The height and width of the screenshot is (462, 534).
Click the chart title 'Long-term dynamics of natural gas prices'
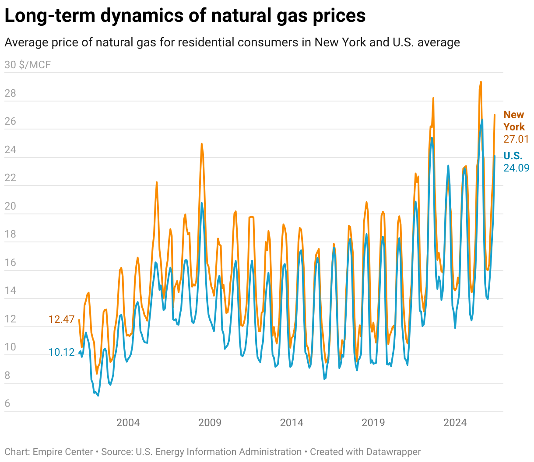[x=185, y=15]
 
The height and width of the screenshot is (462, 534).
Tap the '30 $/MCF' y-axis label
[x=28, y=65]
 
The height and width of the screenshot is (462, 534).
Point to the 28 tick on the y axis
[x=11, y=93]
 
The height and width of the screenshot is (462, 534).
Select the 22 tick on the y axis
[x=11, y=178]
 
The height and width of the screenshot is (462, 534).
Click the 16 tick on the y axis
[x=11, y=262]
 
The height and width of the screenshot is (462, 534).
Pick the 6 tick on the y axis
[x=7, y=404]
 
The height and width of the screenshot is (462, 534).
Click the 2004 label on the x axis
[x=128, y=423]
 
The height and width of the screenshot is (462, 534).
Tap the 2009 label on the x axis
[x=210, y=423]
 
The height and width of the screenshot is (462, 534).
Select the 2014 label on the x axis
[x=292, y=423]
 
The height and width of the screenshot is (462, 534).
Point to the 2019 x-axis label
[x=373, y=423]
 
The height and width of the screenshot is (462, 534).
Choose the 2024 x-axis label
[x=455, y=423]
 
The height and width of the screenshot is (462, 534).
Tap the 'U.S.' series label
[x=513, y=156]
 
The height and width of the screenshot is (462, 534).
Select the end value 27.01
[x=516, y=139]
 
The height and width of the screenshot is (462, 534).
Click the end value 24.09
[x=516, y=168]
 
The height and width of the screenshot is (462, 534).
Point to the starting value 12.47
[x=62, y=319]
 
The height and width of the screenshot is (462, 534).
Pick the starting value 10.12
[x=62, y=352]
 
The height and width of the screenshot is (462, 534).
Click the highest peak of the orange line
[x=481, y=82]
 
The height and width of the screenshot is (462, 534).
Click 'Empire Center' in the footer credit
[x=63, y=451]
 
